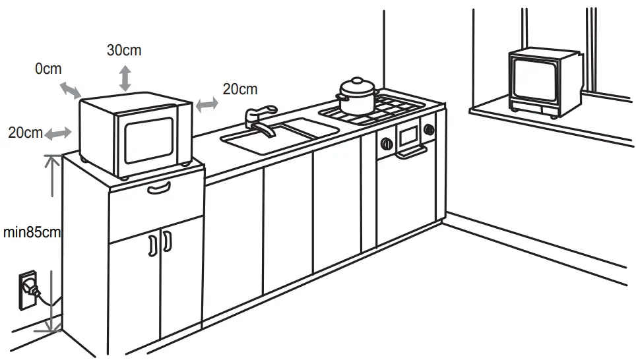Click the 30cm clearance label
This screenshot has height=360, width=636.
coord(124,50)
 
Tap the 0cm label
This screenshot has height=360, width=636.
coord(48,69)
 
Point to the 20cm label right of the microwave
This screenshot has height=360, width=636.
coord(240,89)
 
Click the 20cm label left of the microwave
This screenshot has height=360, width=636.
coord(25,132)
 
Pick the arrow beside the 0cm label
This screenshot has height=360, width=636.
coord(69,90)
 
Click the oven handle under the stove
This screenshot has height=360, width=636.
coord(408,154)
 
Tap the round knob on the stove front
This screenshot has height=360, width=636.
coord(385,142)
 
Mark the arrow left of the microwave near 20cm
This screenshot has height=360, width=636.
coord(58,133)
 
